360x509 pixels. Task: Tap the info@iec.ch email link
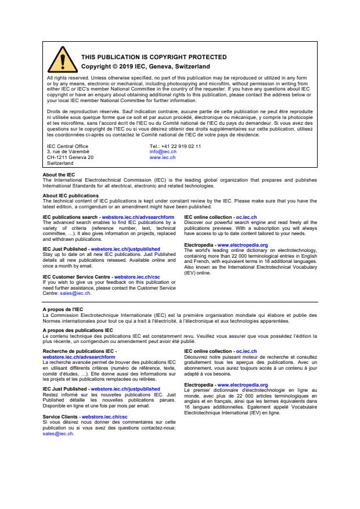pos(163,152)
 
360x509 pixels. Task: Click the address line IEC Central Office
pos(67,146)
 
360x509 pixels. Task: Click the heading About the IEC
pos(59,175)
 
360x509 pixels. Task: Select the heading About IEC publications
pos(70,196)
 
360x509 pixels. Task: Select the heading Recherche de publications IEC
pos(78,351)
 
